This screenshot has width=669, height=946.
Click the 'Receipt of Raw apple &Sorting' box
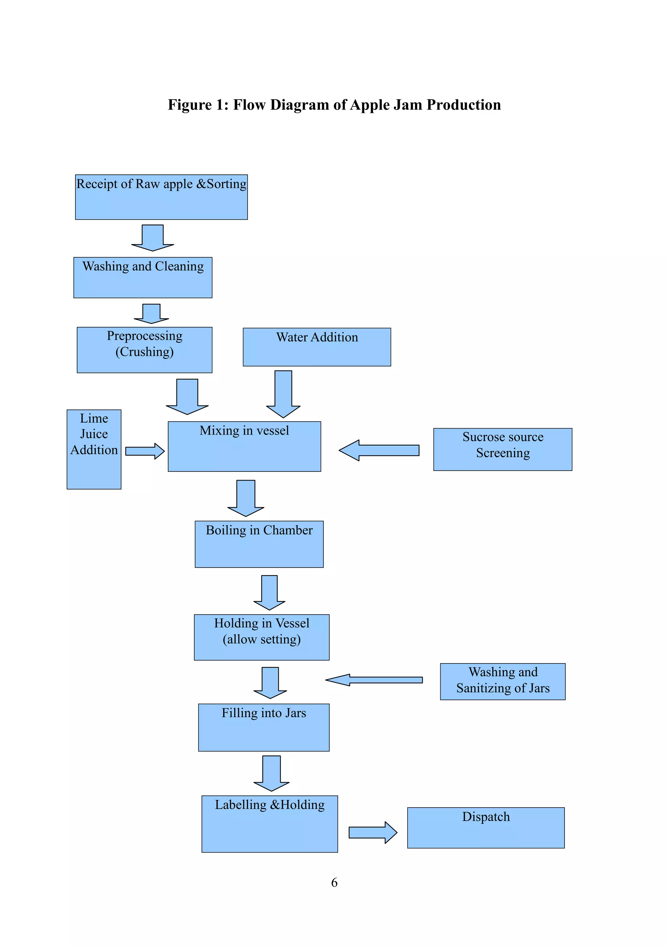pos(161,197)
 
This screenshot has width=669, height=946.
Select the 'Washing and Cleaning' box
pos(143,277)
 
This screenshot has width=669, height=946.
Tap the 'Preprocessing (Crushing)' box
pos(144,350)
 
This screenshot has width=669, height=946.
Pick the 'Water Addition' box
pos(317,347)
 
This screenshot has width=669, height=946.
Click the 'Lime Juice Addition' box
pos(94,449)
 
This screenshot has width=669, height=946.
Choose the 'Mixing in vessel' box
pos(244,446)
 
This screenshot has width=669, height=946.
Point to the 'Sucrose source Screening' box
pos(502,449)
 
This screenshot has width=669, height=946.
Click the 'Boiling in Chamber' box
pos(259,544)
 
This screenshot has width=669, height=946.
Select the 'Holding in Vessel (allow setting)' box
pos(261,637)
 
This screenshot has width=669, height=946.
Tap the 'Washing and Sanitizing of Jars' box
pos(502,681)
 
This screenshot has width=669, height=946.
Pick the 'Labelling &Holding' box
pos(269,824)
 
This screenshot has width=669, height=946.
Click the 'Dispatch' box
pos(485,827)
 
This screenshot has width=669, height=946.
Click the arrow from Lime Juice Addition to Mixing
pos(144,451)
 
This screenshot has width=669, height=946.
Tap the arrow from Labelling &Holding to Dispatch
pos(372,832)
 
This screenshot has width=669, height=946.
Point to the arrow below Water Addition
pos(283,393)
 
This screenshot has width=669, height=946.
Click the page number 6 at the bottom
pos(334,883)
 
